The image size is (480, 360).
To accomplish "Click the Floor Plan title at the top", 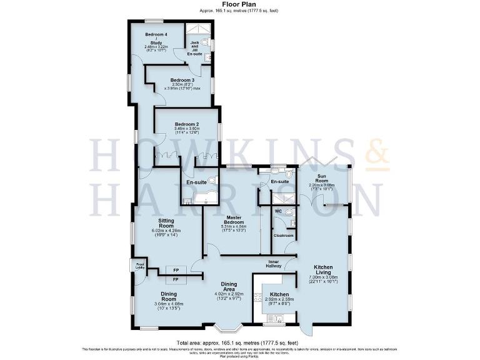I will tap(239, 5).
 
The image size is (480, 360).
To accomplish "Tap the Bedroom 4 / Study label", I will tap(156, 37).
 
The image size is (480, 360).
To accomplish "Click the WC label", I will tap(278, 211).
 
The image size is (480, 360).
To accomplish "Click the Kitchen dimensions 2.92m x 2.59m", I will tap(278, 300).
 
